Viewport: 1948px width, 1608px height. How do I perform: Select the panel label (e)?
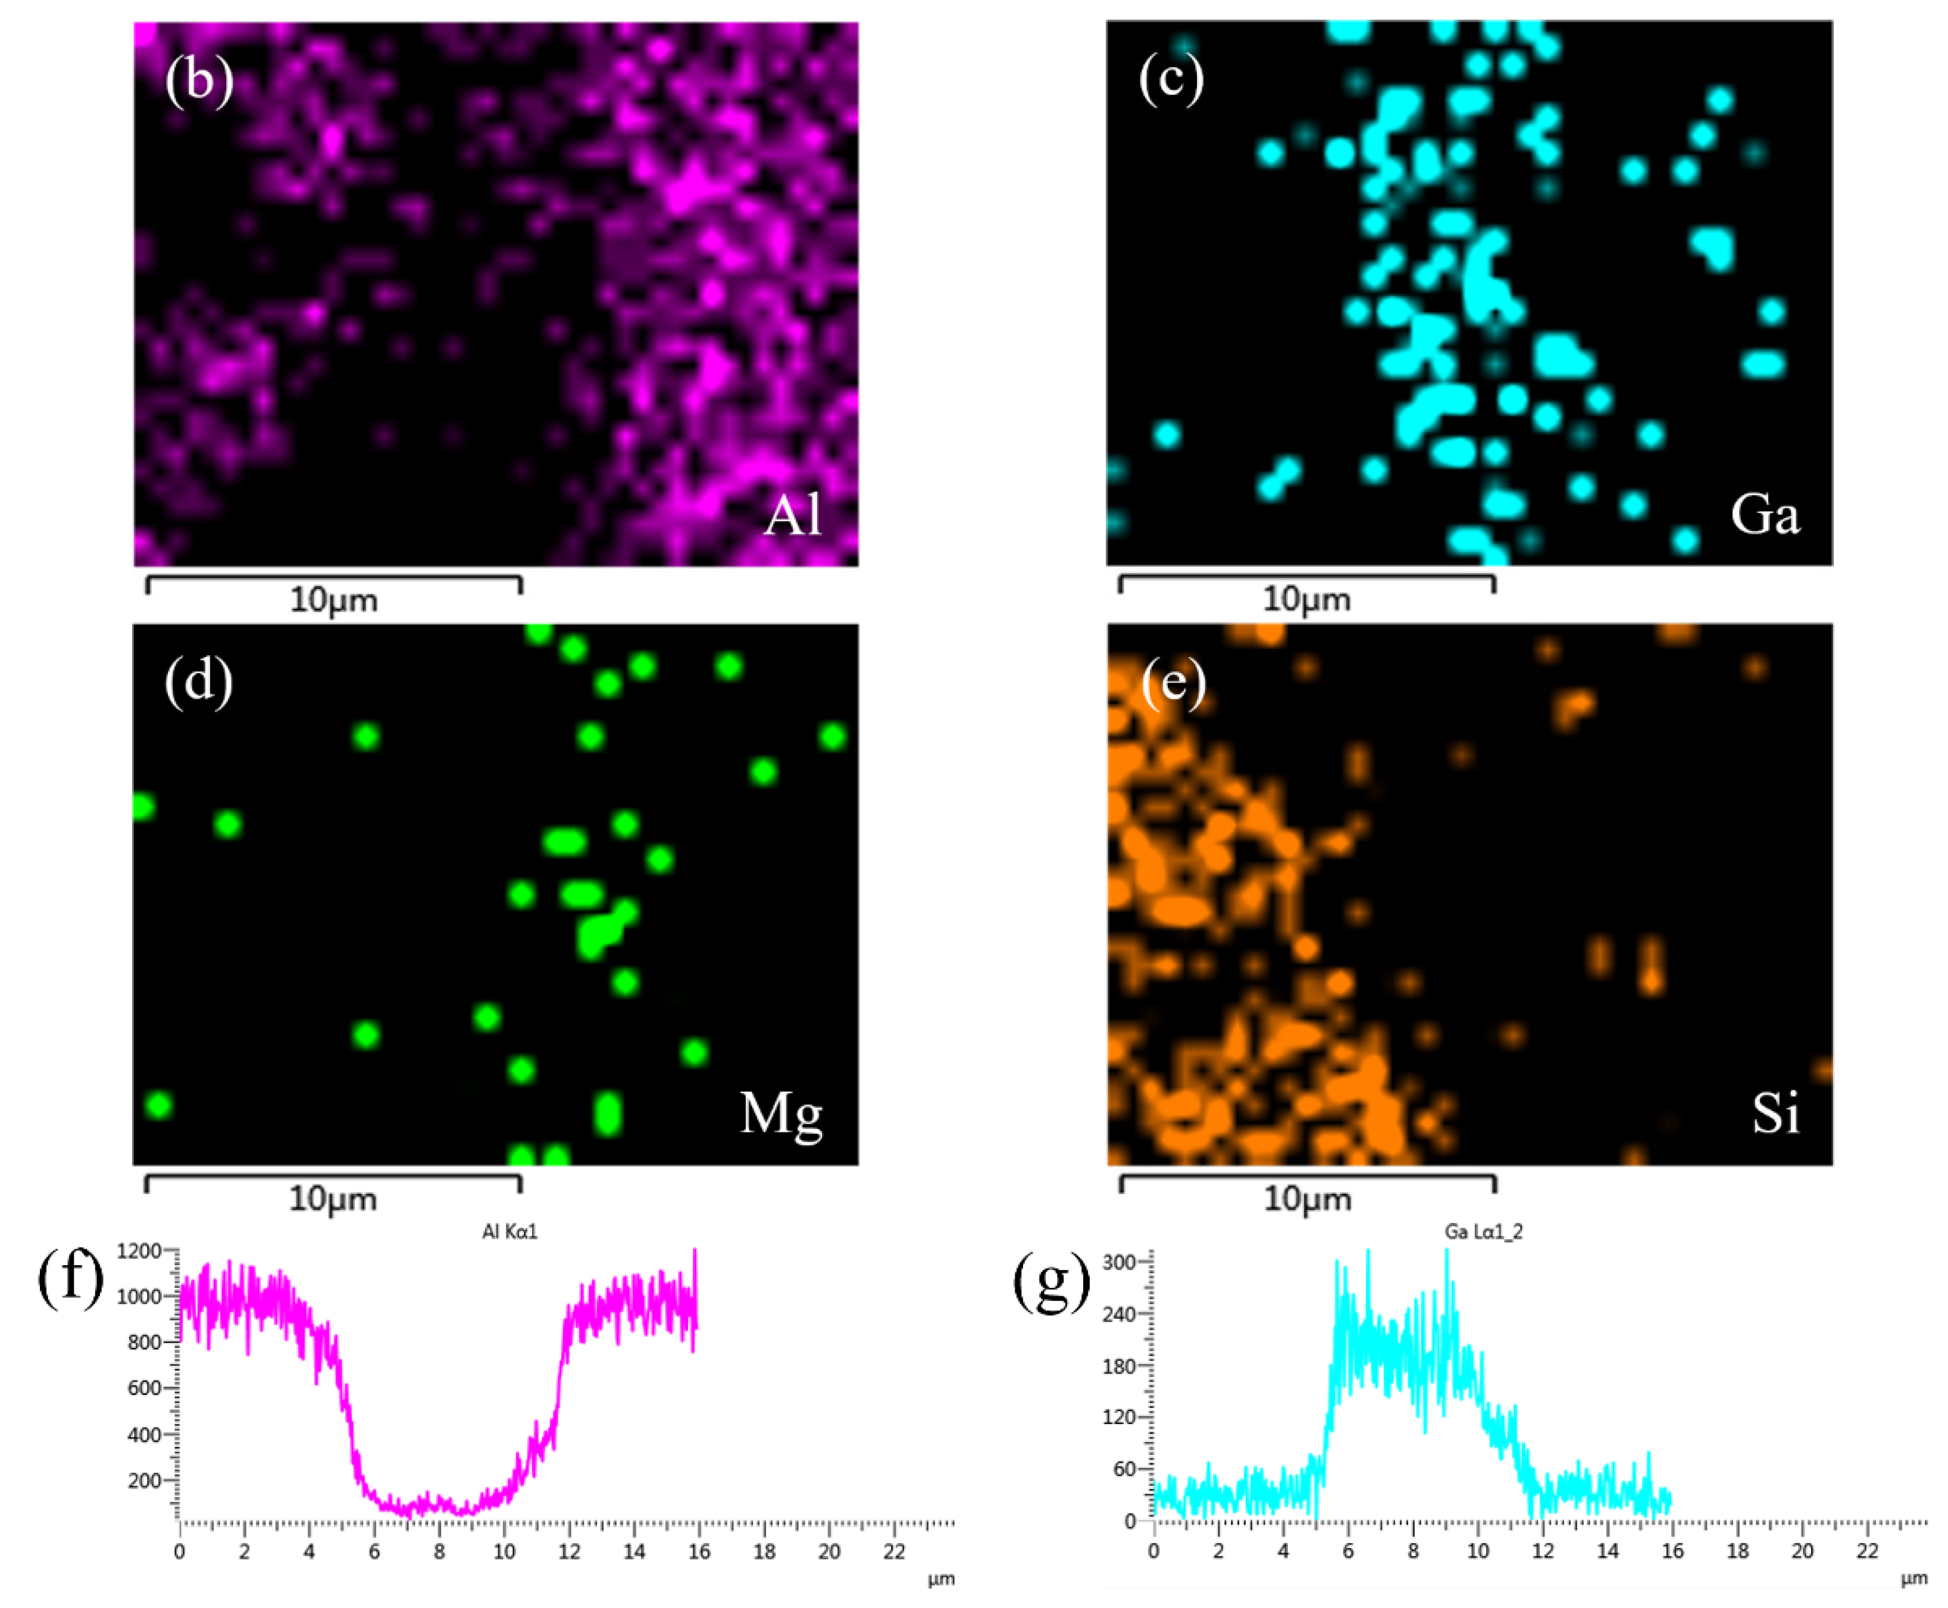[1172, 683]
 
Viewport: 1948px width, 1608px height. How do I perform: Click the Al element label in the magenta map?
[793, 515]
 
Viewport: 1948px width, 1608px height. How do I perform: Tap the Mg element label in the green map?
[781, 1114]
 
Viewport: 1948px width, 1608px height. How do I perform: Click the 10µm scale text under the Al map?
[333, 600]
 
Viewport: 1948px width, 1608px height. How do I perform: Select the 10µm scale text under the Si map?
[1307, 1200]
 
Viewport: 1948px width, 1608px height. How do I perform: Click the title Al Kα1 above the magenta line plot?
[509, 1231]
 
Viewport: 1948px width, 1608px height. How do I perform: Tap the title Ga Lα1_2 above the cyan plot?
[1484, 1231]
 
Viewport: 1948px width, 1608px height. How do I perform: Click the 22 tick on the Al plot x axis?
[894, 1551]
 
